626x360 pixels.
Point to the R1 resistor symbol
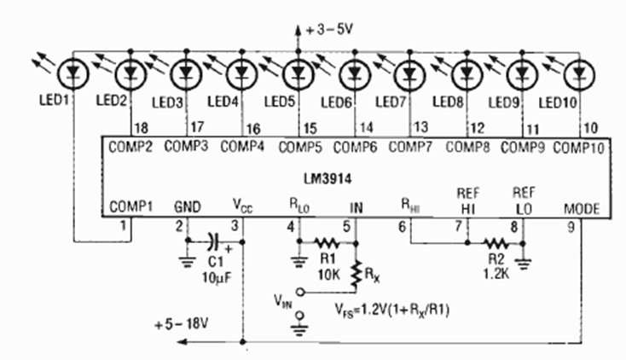coord(327,241)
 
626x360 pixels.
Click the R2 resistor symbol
coord(496,241)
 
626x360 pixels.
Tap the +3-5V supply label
coord(327,31)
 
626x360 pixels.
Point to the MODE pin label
coord(583,206)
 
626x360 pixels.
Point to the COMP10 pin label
coord(579,148)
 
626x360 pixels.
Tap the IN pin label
coord(356,206)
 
